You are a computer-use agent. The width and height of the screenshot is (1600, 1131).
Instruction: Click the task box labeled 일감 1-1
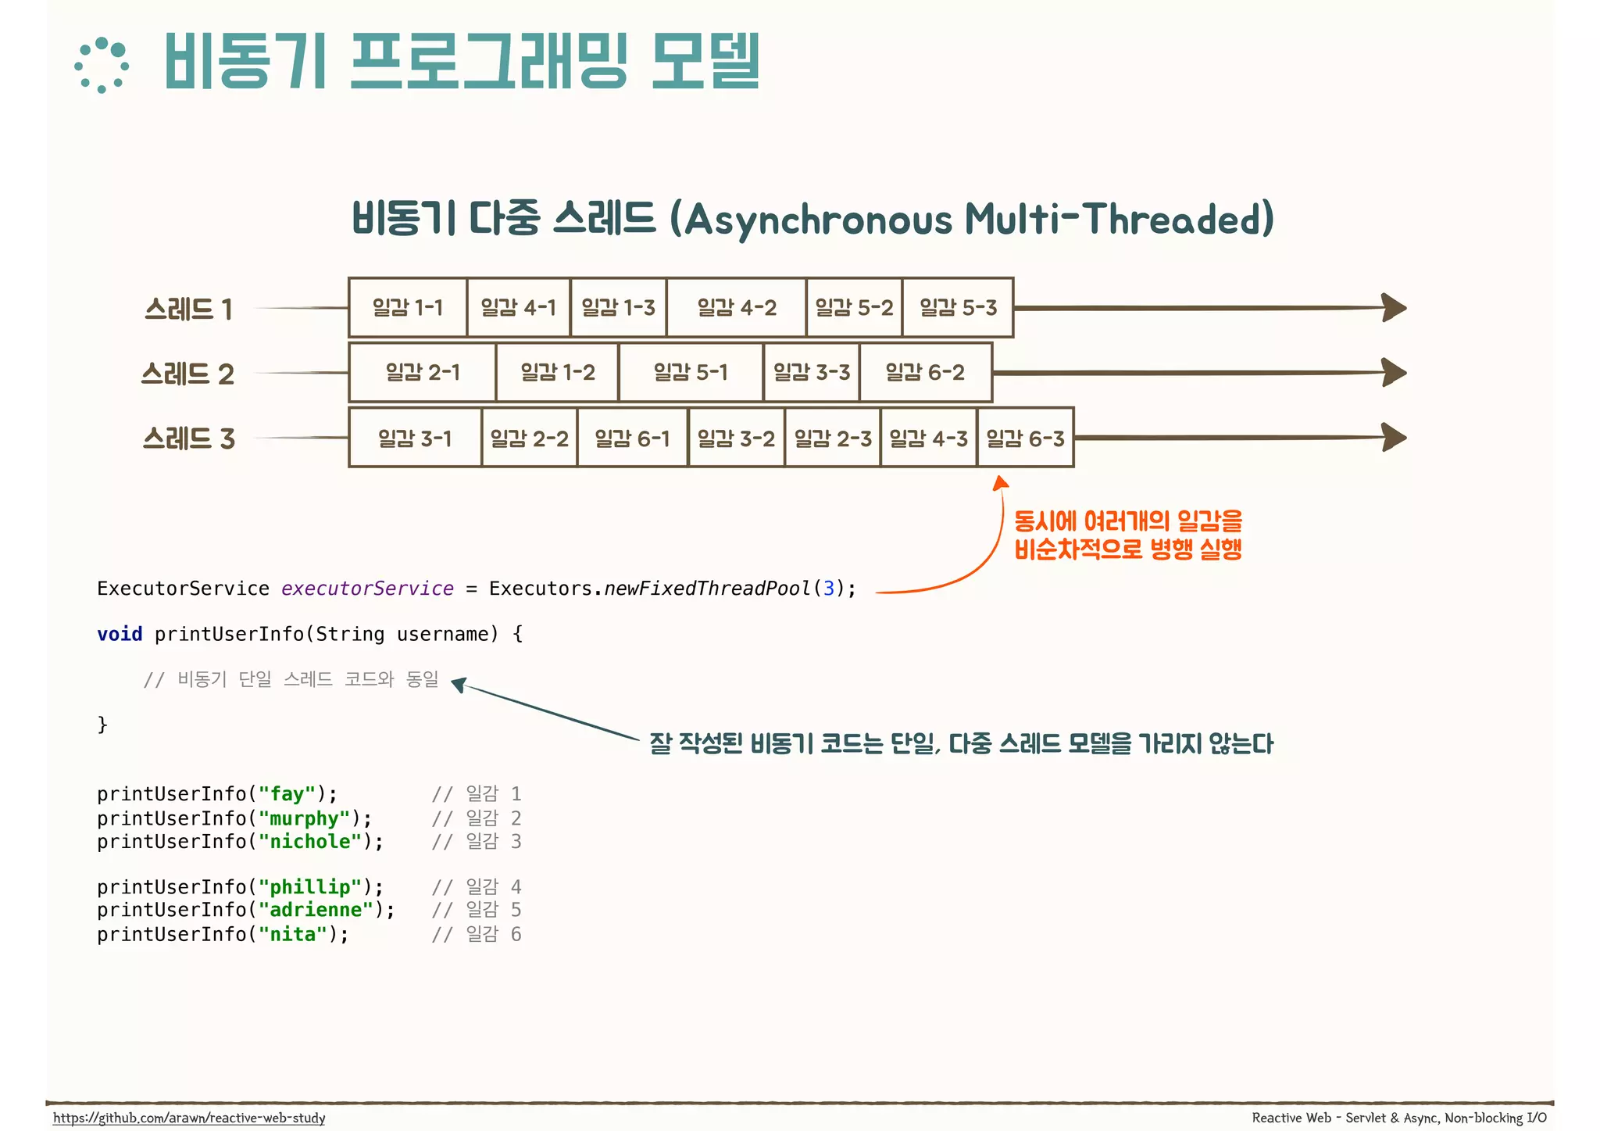pyautogui.click(x=407, y=308)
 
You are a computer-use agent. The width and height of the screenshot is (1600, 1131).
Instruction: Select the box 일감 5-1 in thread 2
pyautogui.click(x=691, y=373)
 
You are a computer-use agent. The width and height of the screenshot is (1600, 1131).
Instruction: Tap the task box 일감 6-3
pyautogui.click(x=1025, y=438)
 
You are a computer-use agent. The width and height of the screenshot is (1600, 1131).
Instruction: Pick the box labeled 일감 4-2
pyautogui.click(x=736, y=308)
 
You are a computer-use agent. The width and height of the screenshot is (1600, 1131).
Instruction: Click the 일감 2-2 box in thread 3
pyautogui.click(x=529, y=438)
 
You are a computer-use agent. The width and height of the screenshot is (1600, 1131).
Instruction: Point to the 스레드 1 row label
pyautogui.click(x=188, y=310)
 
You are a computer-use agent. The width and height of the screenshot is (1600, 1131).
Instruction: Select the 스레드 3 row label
pyautogui.click(x=188, y=438)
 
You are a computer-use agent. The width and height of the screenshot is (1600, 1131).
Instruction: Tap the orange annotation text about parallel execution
pyautogui.click(x=1127, y=535)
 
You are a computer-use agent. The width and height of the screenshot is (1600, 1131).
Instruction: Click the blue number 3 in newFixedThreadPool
pyautogui.click(x=829, y=589)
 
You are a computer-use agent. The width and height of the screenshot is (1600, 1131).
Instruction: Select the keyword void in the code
pyautogui.click(x=120, y=634)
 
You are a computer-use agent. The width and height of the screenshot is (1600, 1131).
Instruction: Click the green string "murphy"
pyautogui.click(x=304, y=818)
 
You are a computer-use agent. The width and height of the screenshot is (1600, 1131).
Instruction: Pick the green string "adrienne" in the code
pyautogui.click(x=316, y=910)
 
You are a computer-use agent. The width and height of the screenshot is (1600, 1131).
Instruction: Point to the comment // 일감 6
pyautogui.click(x=477, y=934)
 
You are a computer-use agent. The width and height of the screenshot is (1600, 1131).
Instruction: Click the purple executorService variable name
pyautogui.click(x=367, y=589)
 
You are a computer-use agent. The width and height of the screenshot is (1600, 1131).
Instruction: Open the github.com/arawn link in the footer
pyautogui.click(x=189, y=1118)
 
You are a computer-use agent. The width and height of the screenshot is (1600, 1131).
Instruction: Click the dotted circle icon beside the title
pyautogui.click(x=102, y=66)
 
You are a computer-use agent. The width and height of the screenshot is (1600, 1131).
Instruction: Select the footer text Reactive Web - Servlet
pyautogui.click(x=1320, y=1118)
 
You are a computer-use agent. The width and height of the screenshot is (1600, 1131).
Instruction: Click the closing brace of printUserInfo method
pyautogui.click(x=102, y=725)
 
